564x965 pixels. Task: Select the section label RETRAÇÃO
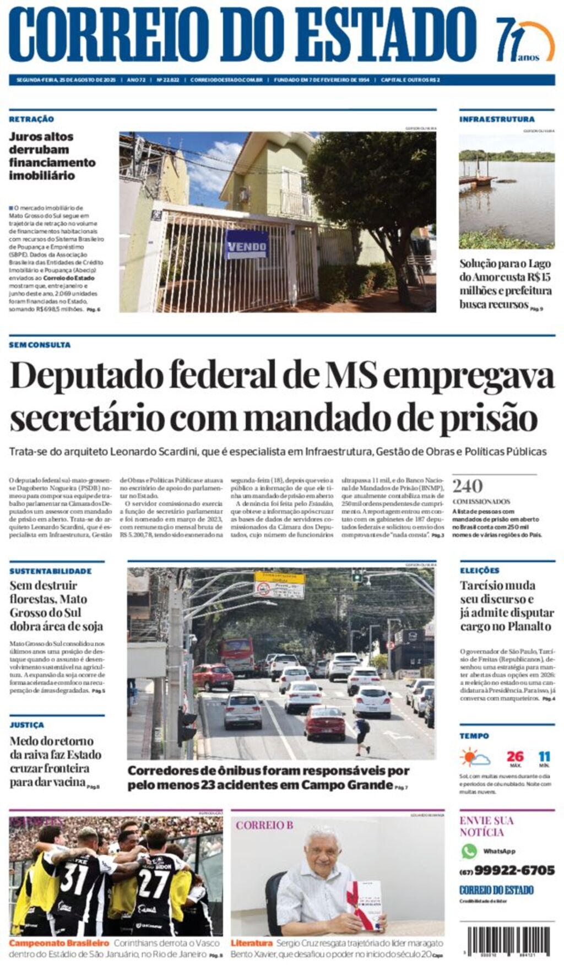pos(31,119)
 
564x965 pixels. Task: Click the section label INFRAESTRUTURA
pos(497,119)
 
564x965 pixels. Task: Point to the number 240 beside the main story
pos(467,486)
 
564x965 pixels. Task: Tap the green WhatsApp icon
pos(469,851)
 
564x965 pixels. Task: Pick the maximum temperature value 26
pos(515,756)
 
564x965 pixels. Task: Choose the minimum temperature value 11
pos(544,756)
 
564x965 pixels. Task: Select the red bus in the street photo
pos(237,655)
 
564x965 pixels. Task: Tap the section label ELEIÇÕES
pos(480,571)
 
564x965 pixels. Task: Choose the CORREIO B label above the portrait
pos(264,825)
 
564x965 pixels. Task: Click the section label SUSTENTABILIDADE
pos(51,571)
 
